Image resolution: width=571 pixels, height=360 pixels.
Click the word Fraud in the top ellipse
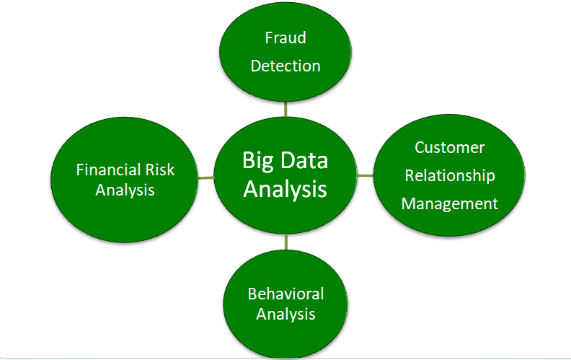(285, 38)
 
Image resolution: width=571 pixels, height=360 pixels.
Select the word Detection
(285, 66)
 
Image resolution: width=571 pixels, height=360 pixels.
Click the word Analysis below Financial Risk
(125, 190)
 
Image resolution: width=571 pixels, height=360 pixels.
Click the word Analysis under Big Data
(285, 189)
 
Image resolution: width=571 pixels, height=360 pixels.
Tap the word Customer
(449, 147)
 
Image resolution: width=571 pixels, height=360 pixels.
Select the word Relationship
(449, 175)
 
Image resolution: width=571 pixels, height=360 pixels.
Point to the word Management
(449, 203)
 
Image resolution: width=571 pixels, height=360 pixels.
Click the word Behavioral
(285, 294)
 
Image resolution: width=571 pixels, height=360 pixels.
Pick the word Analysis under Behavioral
(285, 314)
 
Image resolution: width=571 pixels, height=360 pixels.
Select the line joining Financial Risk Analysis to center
(205, 177)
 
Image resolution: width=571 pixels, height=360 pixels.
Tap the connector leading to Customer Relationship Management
(366, 175)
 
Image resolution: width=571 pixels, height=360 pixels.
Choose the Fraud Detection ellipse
(285, 87)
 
